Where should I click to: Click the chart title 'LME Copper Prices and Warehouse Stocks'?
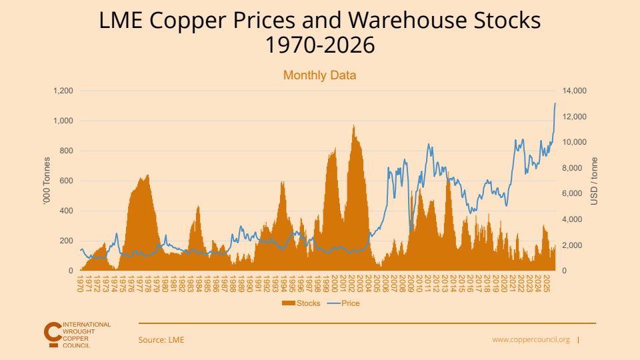[320, 21]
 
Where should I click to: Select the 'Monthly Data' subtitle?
[320, 75]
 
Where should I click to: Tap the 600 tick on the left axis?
[66, 181]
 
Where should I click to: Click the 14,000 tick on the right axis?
[575, 91]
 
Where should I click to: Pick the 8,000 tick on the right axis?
[573, 168]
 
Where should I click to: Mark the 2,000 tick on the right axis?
[573, 245]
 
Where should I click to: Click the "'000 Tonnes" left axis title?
[47, 181]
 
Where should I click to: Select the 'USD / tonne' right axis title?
[595, 181]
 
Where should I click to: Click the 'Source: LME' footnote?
[161, 340]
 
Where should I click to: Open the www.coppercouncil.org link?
[531, 340]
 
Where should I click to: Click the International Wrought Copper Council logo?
[77, 335]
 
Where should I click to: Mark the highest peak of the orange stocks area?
[353, 125]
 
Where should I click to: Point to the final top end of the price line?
[555, 103]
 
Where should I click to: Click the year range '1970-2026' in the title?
[320, 46]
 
